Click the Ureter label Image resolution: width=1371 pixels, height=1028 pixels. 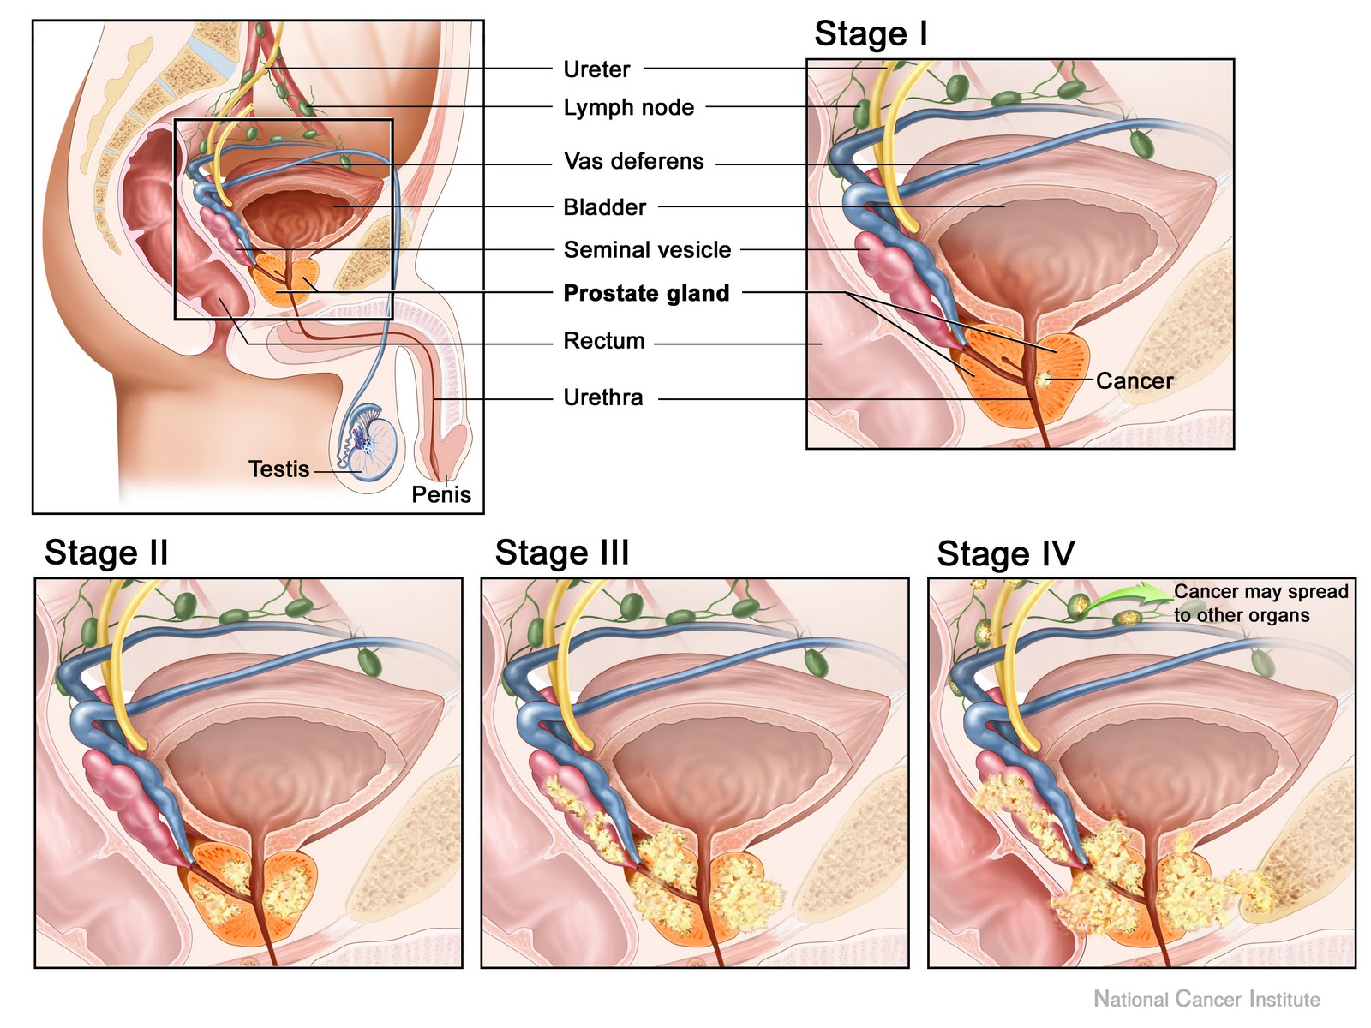596,69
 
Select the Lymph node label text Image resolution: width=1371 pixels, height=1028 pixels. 628,108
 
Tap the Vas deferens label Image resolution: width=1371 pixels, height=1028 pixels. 633,161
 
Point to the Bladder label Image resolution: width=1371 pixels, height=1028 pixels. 604,207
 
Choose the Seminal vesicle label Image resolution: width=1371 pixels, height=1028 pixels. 647,250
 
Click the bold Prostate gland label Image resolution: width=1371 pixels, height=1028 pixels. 646,293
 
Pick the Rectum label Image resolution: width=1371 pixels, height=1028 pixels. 603,341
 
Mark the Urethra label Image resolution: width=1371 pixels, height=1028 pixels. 602,397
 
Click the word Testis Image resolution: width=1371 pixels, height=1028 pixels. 278,469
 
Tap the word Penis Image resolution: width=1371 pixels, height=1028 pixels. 441,494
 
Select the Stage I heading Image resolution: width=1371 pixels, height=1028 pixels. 870,34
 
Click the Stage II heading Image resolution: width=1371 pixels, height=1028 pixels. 106,553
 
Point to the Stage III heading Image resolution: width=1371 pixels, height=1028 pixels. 562,553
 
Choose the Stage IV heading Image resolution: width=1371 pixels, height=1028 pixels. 1005,553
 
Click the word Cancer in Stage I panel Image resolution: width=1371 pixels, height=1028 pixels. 1134,381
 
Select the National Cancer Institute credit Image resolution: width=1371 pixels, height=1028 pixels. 1206,999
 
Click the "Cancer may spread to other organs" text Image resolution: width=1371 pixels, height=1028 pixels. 1260,603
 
